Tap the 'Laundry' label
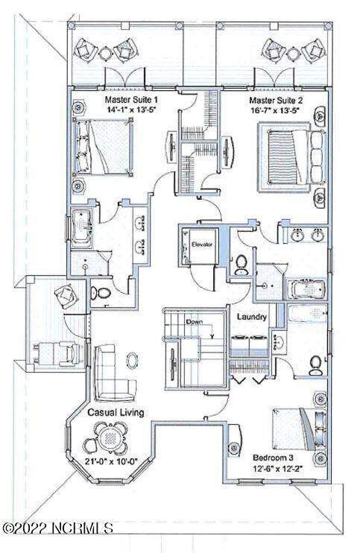click(x=253, y=317)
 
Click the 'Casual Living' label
click(x=116, y=412)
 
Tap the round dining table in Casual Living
click(x=111, y=439)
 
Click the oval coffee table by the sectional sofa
click(x=132, y=361)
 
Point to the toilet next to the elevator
click(x=241, y=265)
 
